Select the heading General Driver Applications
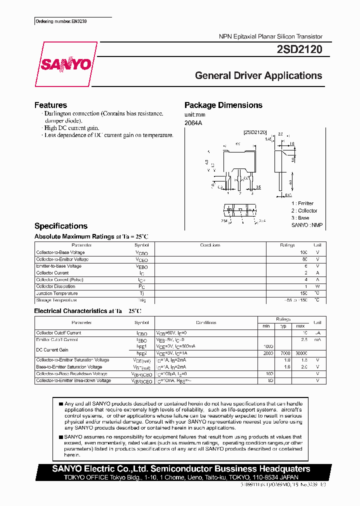point(258,75)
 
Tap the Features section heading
point(50,105)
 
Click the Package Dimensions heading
point(223,105)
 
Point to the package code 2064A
point(193,122)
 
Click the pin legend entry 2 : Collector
point(304,210)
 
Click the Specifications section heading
point(60,226)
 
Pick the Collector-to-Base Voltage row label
point(60,252)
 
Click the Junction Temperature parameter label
point(56,293)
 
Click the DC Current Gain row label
point(52,350)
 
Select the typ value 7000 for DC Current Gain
point(285,353)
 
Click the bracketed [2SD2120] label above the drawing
point(255,132)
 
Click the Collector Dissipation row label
point(56,286)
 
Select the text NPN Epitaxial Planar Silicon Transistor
point(270,36)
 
